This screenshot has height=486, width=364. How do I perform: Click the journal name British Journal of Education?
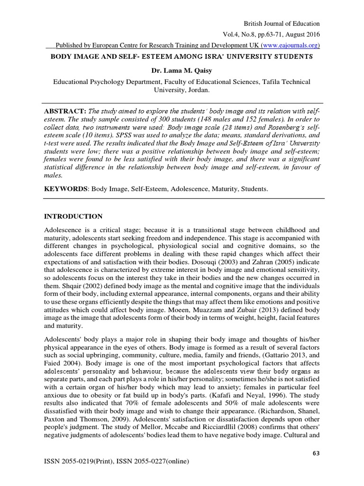(x=281, y=23)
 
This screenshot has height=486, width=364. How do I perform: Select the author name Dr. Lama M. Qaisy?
(x=182, y=70)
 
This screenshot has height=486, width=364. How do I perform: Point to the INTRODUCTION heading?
(x=73, y=216)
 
